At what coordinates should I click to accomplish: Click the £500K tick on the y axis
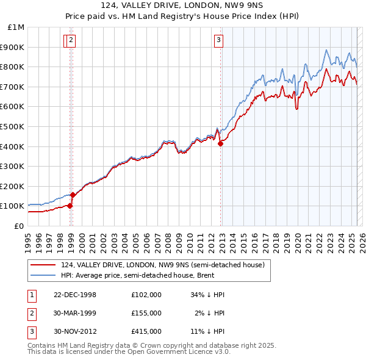(13, 126)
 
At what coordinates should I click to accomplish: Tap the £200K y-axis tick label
(13, 186)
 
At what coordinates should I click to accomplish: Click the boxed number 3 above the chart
(218, 41)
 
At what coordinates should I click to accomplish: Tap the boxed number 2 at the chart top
(71, 41)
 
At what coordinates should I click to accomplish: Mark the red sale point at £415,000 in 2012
(221, 143)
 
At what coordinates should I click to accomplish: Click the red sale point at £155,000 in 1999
(73, 195)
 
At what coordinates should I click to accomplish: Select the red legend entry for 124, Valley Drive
(162, 265)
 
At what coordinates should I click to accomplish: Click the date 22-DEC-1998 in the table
(75, 295)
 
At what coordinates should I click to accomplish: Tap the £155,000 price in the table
(146, 313)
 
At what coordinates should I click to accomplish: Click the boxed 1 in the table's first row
(31, 295)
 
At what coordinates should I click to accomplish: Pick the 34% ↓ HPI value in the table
(207, 295)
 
